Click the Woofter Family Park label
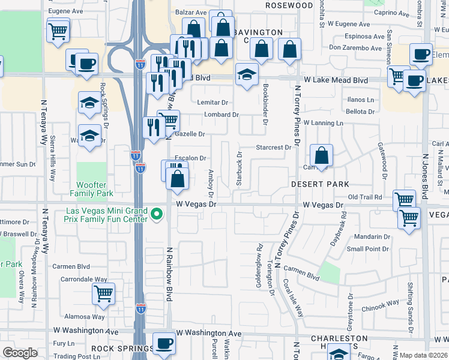(91, 189)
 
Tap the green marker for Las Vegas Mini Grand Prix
(157, 214)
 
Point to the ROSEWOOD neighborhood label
(289, 5)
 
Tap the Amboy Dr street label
(211, 182)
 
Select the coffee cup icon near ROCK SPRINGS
(164, 345)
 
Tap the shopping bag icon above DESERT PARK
(322, 155)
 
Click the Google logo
(20, 353)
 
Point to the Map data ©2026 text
(424, 355)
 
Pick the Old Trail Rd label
(365, 197)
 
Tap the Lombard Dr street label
(221, 115)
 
